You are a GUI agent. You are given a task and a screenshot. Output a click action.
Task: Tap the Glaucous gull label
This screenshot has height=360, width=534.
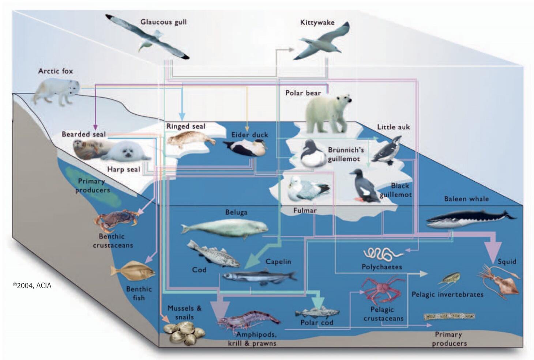163,22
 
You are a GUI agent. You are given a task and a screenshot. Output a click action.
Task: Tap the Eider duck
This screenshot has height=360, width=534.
246,148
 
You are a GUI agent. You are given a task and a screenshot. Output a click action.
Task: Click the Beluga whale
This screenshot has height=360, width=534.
225,228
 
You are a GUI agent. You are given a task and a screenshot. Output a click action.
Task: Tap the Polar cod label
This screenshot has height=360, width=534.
317,323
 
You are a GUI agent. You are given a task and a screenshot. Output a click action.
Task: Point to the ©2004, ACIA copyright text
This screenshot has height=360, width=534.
32,285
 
